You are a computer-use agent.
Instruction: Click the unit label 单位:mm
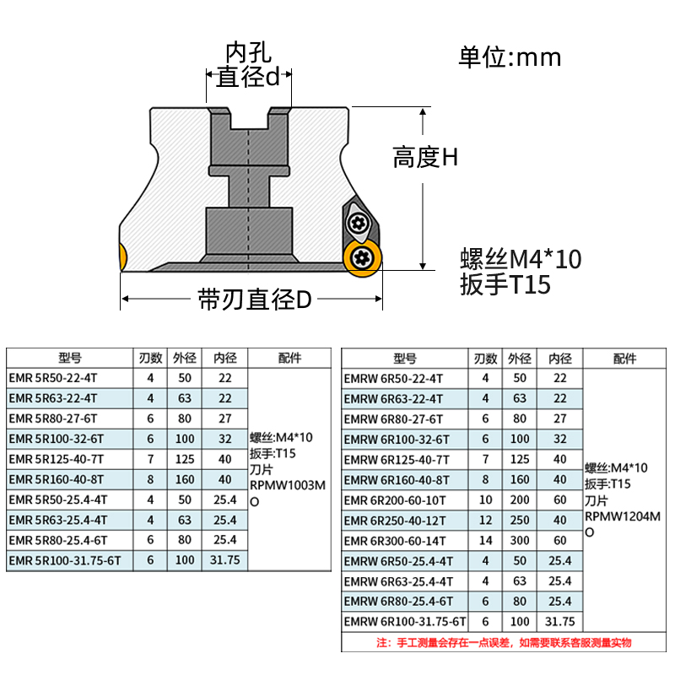tap(510, 57)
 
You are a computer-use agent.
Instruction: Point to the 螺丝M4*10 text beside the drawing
tap(521, 259)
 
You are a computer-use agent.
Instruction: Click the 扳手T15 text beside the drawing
tap(505, 285)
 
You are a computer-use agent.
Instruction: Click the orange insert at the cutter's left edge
tap(121, 256)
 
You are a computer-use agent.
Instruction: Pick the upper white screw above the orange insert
tap(358, 223)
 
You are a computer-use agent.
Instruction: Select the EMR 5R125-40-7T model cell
tap(57, 459)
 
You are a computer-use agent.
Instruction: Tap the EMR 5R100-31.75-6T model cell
tap(65, 559)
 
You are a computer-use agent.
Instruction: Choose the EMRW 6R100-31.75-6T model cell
tap(406, 622)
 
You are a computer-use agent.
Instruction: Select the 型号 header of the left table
tap(71, 358)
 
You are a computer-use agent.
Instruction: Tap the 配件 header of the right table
tap(625, 359)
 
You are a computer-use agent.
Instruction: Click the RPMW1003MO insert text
tap(288, 493)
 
